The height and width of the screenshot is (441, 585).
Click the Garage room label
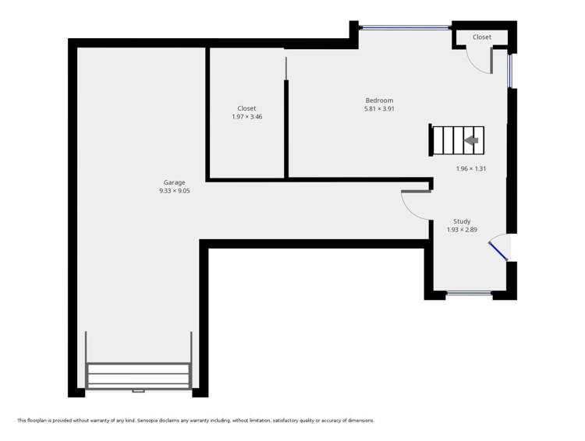[x=174, y=182]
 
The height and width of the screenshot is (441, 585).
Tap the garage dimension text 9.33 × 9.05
[x=174, y=190]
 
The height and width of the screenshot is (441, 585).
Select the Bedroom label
[x=379, y=101]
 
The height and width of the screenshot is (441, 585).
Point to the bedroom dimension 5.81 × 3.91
[x=379, y=109]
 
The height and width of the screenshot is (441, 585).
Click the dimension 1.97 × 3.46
[x=246, y=117]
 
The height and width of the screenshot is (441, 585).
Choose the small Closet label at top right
[x=482, y=37]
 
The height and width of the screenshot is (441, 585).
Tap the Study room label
[x=462, y=221]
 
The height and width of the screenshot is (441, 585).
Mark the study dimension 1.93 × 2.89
[x=462, y=230]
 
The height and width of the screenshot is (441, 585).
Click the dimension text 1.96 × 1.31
[x=471, y=168]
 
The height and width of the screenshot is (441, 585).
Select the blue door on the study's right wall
[x=498, y=251]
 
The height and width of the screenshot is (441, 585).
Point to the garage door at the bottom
[x=139, y=376]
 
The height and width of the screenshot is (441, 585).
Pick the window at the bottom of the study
[x=469, y=294]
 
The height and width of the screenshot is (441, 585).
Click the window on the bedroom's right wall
[x=511, y=69]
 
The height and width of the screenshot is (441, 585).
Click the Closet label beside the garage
[x=246, y=108]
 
